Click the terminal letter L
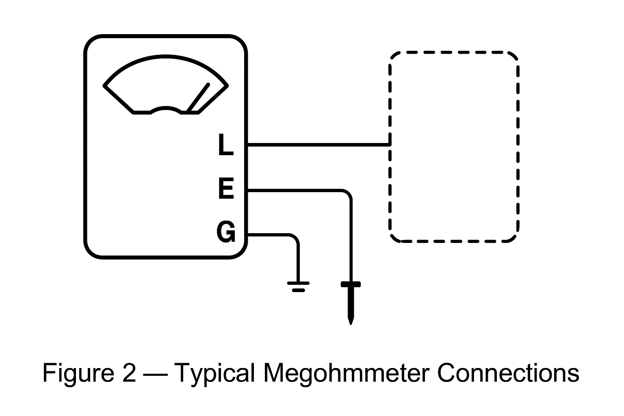tap(225, 145)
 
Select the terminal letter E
tap(226, 189)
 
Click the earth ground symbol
tap(298, 286)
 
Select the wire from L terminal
tap(317, 144)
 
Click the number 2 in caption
tap(129, 373)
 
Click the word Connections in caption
tap(508, 373)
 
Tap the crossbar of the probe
tap(351, 284)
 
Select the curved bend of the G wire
tap(295, 238)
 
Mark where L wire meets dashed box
tap(390, 144)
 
